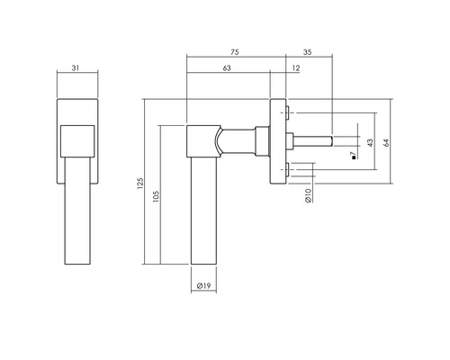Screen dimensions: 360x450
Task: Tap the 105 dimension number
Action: pyautogui.click(x=156, y=197)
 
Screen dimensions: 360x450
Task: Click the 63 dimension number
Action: pyautogui.click(x=228, y=68)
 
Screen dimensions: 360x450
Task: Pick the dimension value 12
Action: pyautogui.click(x=296, y=68)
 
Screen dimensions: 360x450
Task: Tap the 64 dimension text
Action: pyautogui.click(x=386, y=144)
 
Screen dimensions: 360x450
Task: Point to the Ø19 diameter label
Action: pyautogui.click(x=204, y=287)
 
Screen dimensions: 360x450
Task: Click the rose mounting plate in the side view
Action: pyautogui.click(x=278, y=139)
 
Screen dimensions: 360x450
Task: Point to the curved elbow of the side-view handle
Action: pyautogui.click(x=217, y=140)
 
